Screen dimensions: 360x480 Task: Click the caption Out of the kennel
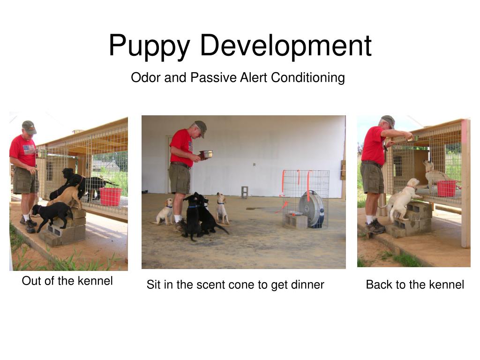[67, 281]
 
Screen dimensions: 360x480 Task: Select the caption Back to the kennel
[415, 285]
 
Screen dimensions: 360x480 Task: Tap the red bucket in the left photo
[111, 196]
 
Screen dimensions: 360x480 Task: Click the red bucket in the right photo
[446, 188]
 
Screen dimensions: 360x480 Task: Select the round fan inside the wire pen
[311, 209]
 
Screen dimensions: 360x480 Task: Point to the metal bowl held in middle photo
[205, 154]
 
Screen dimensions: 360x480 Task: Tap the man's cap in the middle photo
[201, 127]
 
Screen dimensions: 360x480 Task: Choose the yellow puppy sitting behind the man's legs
[165, 212]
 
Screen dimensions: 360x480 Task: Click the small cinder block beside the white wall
[244, 192]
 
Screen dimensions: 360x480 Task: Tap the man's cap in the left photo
[29, 127]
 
